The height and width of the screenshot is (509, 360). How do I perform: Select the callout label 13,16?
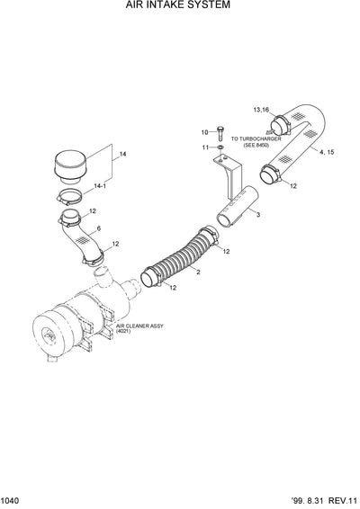261,109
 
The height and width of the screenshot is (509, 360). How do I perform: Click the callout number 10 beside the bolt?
204,131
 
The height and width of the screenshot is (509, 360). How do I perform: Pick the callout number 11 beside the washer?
204,147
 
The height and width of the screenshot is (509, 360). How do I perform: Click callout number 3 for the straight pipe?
257,216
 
